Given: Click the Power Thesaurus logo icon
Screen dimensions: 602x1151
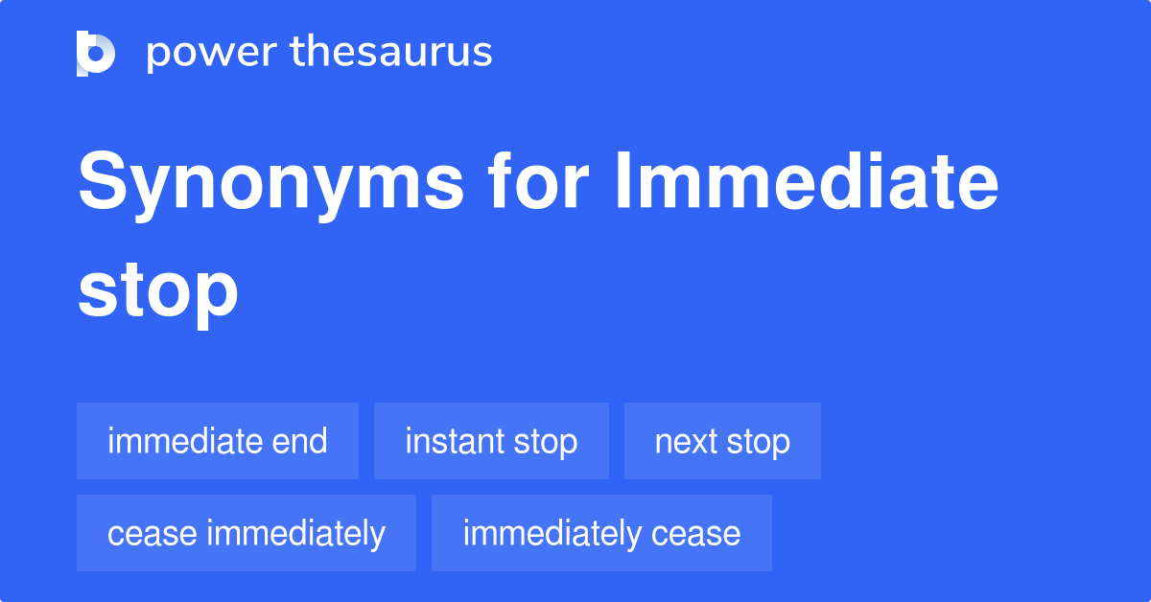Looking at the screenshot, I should click(95, 53).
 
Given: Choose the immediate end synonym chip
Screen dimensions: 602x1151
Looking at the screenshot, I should click(218, 441).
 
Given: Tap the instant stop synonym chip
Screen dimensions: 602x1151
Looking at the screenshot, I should click(491, 441).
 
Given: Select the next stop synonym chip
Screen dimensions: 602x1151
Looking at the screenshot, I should click(722, 441).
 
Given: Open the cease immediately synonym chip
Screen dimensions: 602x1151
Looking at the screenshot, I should click(247, 533).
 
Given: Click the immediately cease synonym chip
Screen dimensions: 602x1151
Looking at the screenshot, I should click(601, 533).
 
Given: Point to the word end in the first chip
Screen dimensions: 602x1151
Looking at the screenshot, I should click(299, 441).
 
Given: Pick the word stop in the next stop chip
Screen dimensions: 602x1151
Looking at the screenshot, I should click(759, 442).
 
